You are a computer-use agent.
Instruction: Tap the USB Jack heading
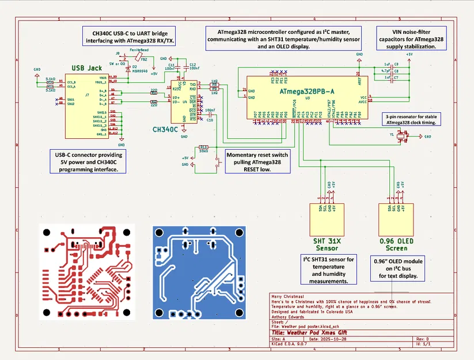click(86, 69)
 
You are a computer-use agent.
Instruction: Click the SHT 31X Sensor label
click(327, 244)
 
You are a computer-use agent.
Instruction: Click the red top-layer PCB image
click(86, 270)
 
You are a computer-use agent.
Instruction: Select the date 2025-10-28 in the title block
click(328, 339)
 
